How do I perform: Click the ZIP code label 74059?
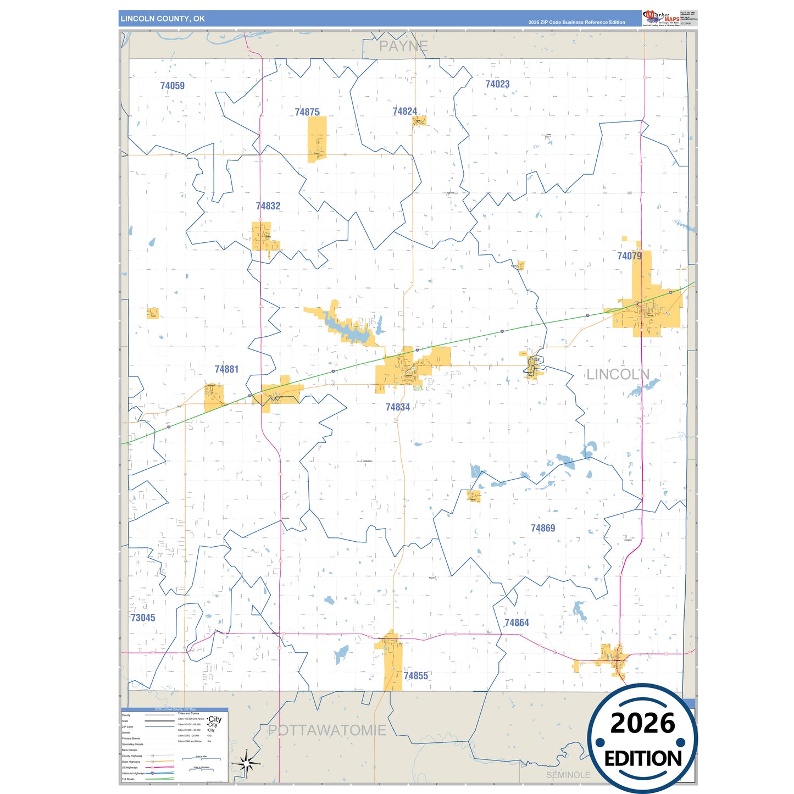172,86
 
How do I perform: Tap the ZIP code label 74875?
307,112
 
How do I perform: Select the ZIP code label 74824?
404,112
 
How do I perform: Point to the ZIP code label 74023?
497,84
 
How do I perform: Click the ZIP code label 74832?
268,206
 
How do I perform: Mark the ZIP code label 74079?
629,256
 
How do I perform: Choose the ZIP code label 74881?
226,369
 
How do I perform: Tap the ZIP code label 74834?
397,407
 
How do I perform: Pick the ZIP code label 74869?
542,528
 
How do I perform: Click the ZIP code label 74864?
517,623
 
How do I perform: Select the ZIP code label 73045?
143,618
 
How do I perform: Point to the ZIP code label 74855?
415,676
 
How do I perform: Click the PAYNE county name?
403,47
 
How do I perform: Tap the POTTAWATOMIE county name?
327,730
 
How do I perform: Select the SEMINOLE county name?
568,775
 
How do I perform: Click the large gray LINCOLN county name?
618,375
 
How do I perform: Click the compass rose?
246,763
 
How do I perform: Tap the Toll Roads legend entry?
128,779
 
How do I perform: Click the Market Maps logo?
661,18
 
